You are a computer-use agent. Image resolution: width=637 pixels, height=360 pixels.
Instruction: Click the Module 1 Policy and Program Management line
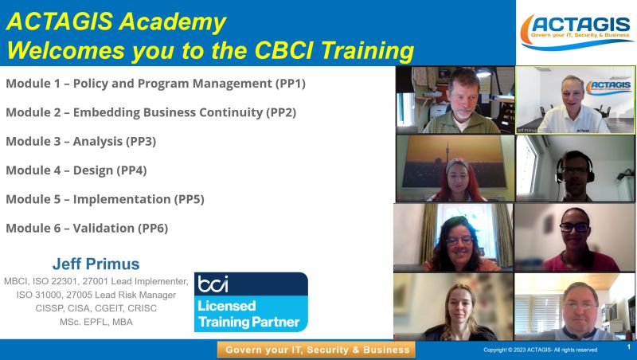pyautogui.click(x=155, y=84)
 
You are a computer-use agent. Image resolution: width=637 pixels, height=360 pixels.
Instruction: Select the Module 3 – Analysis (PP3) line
pyautogui.click(x=81, y=142)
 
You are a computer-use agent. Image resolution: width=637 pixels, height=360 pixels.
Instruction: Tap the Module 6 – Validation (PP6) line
pyautogui.click(x=87, y=228)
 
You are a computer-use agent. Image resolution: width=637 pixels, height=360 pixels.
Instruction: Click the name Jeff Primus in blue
pyautogui.click(x=96, y=264)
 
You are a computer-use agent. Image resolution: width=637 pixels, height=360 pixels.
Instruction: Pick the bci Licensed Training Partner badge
pyautogui.click(x=251, y=302)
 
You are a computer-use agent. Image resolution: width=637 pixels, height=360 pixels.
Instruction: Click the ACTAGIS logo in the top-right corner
pyautogui.click(x=576, y=32)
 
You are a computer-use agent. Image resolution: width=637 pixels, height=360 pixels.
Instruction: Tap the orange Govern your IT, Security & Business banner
pyautogui.click(x=316, y=350)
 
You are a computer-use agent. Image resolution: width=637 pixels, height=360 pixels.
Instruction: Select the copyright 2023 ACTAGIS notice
pyautogui.click(x=541, y=350)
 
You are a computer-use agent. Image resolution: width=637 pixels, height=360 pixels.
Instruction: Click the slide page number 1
pyautogui.click(x=629, y=347)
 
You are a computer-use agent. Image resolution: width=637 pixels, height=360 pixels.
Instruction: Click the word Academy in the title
pyautogui.click(x=173, y=22)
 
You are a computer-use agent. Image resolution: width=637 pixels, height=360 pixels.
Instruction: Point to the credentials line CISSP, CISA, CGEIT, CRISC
pyautogui.click(x=96, y=308)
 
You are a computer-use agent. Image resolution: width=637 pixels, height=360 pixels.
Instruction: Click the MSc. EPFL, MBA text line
pyautogui.click(x=96, y=322)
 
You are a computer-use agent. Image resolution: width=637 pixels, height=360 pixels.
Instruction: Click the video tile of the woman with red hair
pyautogui.click(x=455, y=168)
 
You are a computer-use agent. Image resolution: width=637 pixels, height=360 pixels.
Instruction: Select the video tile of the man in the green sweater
pyautogui.click(x=455, y=100)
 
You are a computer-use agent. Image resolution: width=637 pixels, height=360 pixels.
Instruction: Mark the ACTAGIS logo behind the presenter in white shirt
pyautogui.click(x=608, y=87)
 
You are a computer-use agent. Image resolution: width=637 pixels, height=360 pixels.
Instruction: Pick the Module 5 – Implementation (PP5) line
pyautogui.click(x=105, y=199)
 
